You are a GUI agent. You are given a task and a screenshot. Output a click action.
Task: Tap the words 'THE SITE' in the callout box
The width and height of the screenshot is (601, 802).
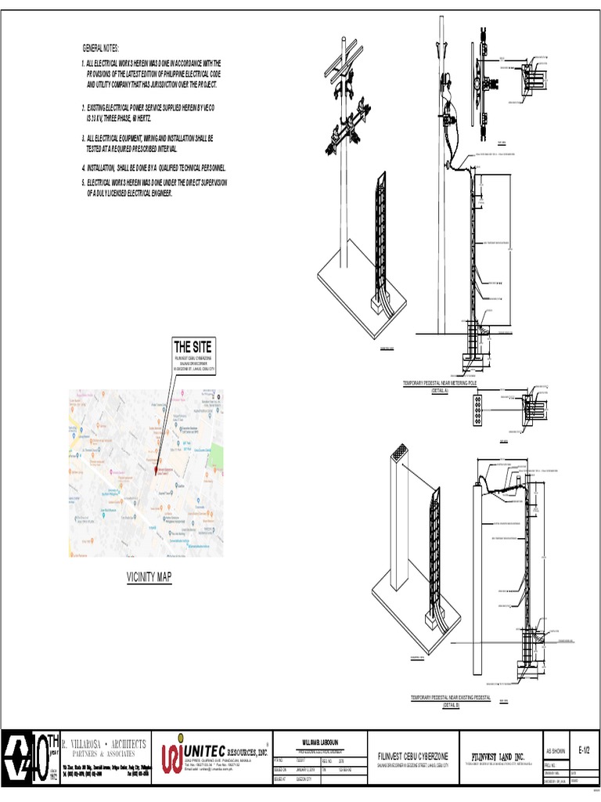tap(192, 347)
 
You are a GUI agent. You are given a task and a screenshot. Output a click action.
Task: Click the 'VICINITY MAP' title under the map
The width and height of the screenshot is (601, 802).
tap(149, 577)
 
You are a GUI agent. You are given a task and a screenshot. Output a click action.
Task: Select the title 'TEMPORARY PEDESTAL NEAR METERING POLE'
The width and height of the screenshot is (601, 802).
tap(444, 383)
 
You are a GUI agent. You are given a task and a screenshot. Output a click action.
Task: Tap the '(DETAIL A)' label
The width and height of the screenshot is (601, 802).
tap(443, 388)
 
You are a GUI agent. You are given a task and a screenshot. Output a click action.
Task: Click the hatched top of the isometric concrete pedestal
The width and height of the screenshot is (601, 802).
tap(400, 453)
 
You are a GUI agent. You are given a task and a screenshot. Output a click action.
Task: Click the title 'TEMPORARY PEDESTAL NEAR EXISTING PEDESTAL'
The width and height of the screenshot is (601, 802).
tap(450, 698)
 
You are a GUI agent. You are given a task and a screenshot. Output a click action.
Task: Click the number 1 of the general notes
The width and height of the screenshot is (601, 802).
tap(83, 62)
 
